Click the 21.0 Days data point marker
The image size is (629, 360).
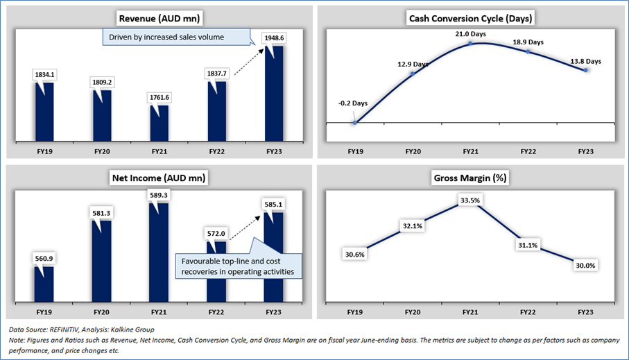470,43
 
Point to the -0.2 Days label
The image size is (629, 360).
353,103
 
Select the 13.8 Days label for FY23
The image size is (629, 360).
587,61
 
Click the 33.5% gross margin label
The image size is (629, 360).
471,201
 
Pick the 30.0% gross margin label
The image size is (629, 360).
587,266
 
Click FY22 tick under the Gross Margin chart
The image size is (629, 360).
528,311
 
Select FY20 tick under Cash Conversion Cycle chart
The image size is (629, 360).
412,151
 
